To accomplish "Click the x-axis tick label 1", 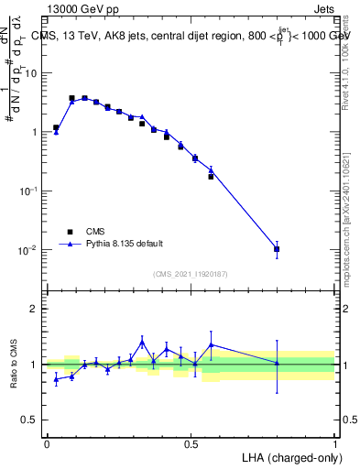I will [335, 443].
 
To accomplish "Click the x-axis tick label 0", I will [47, 443].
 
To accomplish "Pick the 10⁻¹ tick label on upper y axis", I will [29, 191].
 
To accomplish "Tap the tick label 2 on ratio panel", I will [34, 309].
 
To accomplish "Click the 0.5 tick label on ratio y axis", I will [29, 420].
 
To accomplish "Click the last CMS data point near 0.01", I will [277, 249].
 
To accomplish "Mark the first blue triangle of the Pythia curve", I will [56, 132].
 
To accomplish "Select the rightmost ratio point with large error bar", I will [277, 364].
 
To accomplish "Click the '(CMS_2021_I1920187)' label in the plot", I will [190, 273].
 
